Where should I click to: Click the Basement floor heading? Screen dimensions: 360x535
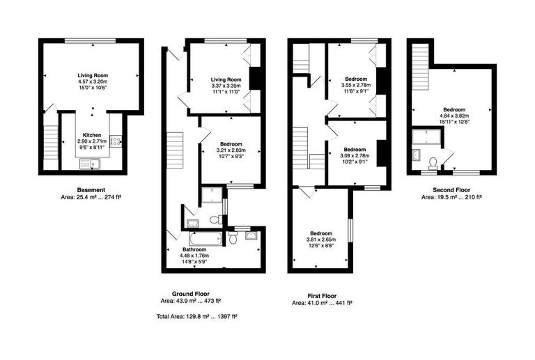[91, 190]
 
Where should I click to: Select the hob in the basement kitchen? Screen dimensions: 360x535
[116, 142]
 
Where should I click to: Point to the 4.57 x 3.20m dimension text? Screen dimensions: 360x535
[92, 81]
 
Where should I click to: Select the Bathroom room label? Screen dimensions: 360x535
[194, 249]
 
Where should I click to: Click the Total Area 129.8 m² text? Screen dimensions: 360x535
[196, 315]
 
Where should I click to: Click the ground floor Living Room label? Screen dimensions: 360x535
[225, 79]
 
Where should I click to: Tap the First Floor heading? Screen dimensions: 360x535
[321, 295]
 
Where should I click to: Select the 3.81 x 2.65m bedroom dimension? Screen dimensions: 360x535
[321, 240]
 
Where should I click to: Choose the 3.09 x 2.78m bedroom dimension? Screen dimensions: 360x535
[355, 155]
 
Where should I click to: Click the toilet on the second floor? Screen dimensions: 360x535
[433, 163]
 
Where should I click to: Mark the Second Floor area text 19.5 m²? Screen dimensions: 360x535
[451, 197]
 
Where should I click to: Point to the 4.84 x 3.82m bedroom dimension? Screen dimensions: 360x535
[454, 116]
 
